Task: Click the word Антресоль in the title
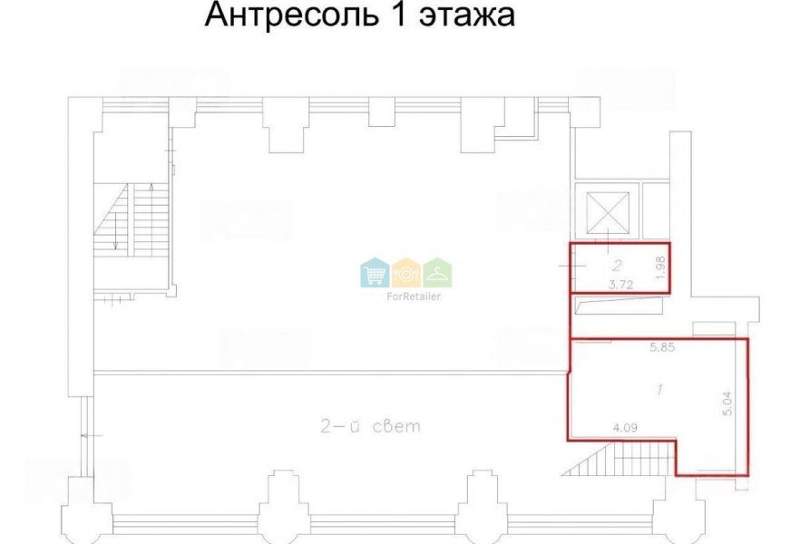coord(292,15)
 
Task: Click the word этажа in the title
coord(466,15)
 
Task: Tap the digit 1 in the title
coord(399,15)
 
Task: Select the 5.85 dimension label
coord(662,348)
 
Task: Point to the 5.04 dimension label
coord(727,403)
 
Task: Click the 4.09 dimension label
coord(624,428)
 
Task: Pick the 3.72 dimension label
coord(621,285)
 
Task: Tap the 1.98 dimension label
coord(661,267)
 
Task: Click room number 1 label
coord(660,390)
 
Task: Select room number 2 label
coord(618,265)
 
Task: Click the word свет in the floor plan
coord(396,426)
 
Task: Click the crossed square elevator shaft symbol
coord(608,212)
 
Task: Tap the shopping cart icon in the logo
coord(375,272)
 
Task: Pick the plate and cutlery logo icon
coord(406,272)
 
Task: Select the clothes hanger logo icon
coord(437,272)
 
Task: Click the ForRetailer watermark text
coord(414,296)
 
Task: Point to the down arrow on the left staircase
coord(116,231)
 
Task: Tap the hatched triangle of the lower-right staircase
coord(589,459)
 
